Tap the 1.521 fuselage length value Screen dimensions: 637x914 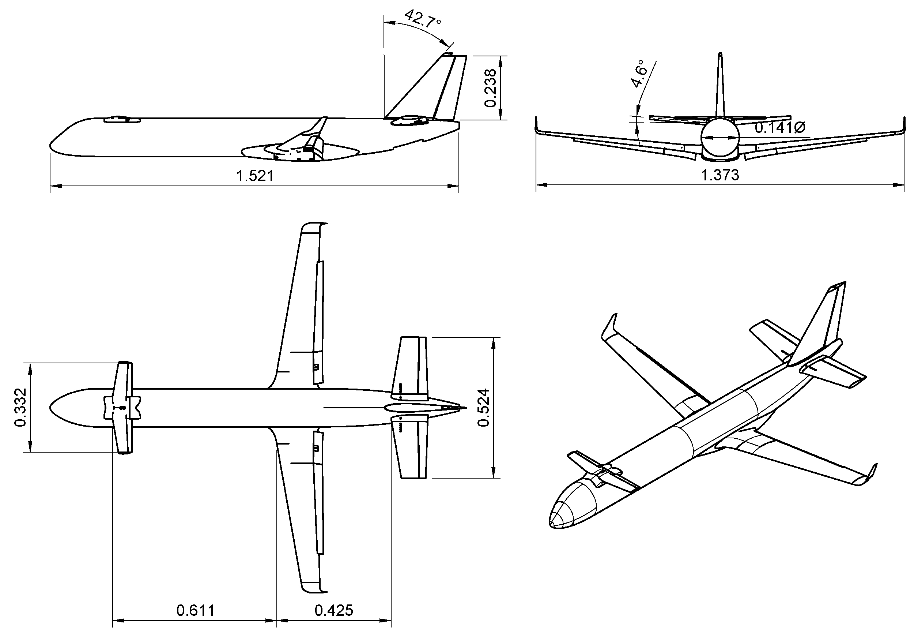255,176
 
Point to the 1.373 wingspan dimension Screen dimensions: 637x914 720,175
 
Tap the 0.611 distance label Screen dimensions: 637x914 195,610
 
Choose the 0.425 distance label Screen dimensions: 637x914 333,610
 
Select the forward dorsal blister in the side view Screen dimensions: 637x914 122,119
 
